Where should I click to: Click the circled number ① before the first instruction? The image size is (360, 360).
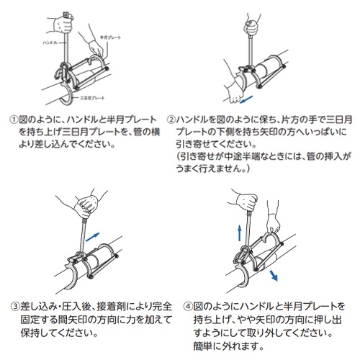click(13, 118)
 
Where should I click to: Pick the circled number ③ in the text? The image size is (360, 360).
click(13, 305)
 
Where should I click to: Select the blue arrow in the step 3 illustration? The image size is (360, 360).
click(94, 233)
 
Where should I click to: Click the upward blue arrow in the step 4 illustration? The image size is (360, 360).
click(239, 230)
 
